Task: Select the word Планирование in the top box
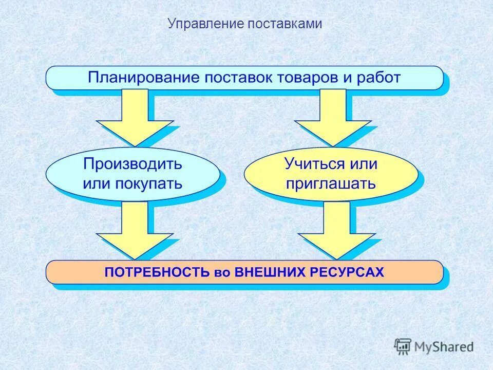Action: [x=143, y=78]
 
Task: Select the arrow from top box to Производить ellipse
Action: [x=135, y=116]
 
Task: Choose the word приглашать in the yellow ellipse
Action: [x=331, y=183]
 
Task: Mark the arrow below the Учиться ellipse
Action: [x=337, y=230]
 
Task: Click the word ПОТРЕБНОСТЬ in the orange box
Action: [x=157, y=272]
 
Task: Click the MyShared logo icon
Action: [x=403, y=346]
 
